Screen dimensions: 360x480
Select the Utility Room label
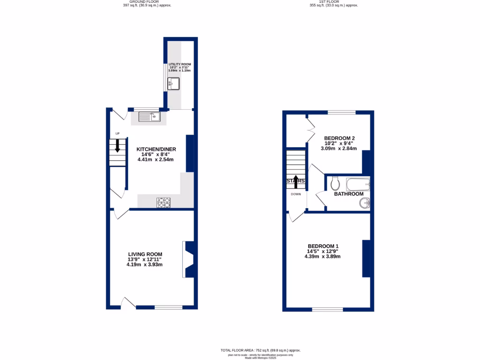(180, 64)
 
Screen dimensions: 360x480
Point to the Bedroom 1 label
(323, 246)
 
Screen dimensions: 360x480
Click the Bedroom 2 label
(340, 138)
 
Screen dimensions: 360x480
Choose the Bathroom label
(349, 194)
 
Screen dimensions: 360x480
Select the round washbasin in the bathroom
(365, 203)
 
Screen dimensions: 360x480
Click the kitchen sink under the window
(150, 117)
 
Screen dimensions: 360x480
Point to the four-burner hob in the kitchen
(164, 202)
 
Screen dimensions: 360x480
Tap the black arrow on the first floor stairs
(295, 181)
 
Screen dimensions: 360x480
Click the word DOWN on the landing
(296, 194)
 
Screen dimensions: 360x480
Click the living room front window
(169, 307)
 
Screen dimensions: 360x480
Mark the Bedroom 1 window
(327, 309)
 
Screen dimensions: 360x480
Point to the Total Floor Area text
(260, 350)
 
